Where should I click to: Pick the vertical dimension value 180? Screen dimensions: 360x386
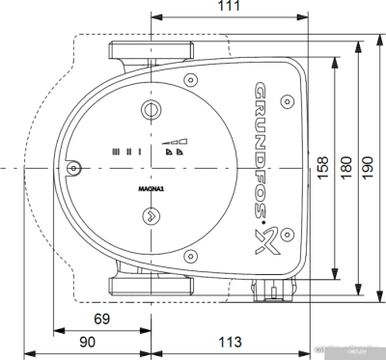[x=346, y=170]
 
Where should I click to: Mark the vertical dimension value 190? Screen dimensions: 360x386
[x=368, y=170]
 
